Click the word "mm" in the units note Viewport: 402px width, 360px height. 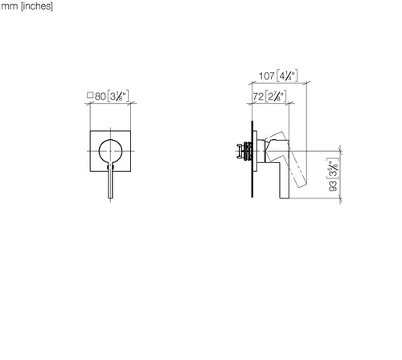(10, 6)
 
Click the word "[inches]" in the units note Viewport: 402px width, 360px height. (37, 6)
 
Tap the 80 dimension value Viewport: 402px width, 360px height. (100, 96)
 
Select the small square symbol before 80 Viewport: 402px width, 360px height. (90, 95)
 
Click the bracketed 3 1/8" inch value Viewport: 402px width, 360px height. (118, 96)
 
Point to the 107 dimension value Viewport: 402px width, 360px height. (267, 76)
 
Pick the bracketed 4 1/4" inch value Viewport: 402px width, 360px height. (287, 76)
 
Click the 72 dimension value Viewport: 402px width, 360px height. (258, 96)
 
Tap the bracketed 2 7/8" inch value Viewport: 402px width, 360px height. (276, 96)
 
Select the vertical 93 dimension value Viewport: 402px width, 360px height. (333, 186)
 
